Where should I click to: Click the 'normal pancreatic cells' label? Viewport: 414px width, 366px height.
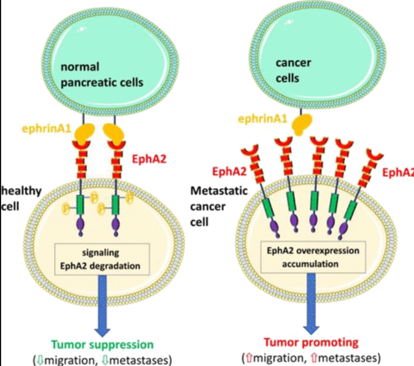[x=102, y=75]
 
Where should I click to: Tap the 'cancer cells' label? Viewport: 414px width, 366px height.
[x=294, y=70]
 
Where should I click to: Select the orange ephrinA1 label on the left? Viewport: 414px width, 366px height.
[x=47, y=129]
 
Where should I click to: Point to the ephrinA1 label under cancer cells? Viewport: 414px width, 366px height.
[x=262, y=119]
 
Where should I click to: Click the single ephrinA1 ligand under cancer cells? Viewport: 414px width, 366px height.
[x=302, y=124]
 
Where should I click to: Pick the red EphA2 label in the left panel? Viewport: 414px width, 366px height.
[x=149, y=159]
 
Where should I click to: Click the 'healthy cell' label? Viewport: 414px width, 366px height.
[x=21, y=199]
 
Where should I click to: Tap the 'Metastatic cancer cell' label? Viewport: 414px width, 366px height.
[x=219, y=206]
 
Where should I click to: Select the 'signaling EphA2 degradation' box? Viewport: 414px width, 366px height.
[x=102, y=259]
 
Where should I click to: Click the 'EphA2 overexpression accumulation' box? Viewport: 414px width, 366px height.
[x=313, y=257]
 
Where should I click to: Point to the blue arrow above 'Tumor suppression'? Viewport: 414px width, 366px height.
[x=103, y=306]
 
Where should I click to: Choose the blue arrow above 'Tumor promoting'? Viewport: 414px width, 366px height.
[x=311, y=304]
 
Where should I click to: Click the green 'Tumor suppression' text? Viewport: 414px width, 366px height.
[x=102, y=344]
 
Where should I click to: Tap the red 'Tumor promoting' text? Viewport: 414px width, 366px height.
[x=311, y=343]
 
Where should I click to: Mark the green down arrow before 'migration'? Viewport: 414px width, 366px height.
[x=41, y=360]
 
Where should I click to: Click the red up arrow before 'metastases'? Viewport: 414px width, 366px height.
[x=314, y=358]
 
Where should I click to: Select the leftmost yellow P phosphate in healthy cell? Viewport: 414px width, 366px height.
[x=65, y=209]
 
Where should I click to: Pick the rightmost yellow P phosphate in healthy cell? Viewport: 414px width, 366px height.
[x=129, y=198]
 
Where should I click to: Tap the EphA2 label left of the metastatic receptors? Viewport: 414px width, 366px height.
[x=229, y=172]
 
